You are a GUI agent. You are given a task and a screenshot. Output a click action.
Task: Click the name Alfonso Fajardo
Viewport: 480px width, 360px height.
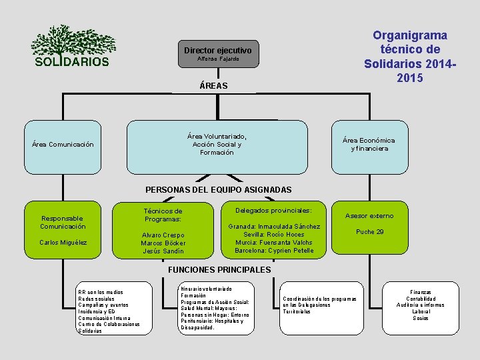tap(217, 59)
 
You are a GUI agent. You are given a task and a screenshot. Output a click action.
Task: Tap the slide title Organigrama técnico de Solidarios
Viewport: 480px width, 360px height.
tap(409, 57)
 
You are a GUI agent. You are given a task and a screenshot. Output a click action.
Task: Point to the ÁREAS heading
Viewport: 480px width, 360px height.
tap(213, 85)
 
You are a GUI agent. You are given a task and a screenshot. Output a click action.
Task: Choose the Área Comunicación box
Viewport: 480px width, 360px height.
tap(63, 144)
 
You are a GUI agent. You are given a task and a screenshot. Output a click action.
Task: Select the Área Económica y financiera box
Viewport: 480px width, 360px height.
tap(369, 144)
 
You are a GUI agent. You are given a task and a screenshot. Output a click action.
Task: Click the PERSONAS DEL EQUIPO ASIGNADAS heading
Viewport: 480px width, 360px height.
tap(218, 190)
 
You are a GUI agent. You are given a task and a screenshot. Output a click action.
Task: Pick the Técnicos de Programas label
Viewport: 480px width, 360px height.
tap(163, 215)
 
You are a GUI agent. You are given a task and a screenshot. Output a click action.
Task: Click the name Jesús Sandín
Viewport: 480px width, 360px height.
tap(163, 251)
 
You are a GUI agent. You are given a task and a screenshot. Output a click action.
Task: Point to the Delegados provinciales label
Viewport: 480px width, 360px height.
tap(273, 210)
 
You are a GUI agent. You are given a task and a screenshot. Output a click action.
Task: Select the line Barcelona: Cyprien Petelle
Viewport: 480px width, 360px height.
tap(273, 251)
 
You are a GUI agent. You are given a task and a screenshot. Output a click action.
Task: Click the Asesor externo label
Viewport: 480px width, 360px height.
tap(369, 215)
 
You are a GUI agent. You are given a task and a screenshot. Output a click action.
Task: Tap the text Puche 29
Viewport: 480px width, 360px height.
tap(369, 231)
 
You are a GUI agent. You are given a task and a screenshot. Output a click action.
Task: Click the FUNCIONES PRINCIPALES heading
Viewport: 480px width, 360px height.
tap(218, 270)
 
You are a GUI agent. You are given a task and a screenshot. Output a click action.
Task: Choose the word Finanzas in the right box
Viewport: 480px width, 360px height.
tap(420, 292)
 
